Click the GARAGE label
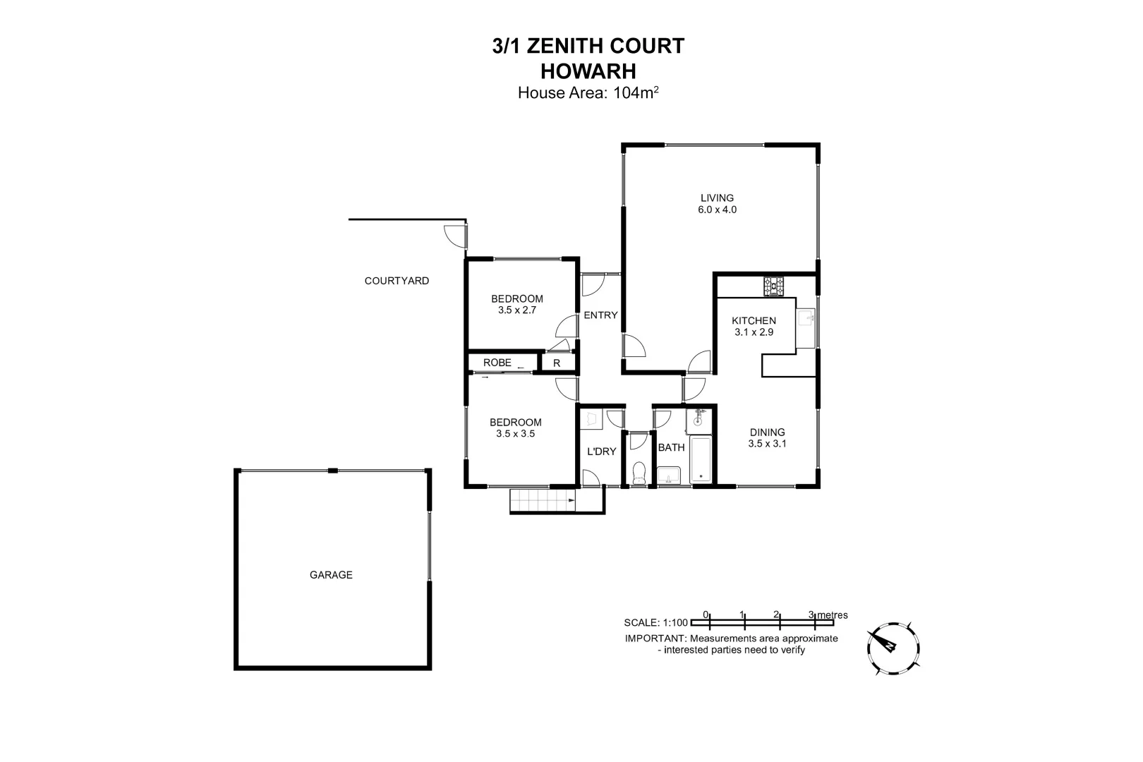[x=331, y=575]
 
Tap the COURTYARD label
[x=397, y=281]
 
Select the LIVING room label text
[x=717, y=198]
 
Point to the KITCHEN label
[x=754, y=321]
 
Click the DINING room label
[x=767, y=433]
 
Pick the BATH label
[x=671, y=447]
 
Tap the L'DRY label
[x=602, y=452]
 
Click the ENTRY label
[x=600, y=315]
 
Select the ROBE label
[x=497, y=363]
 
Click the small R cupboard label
[x=557, y=363]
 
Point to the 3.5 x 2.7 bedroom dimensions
[x=516, y=310]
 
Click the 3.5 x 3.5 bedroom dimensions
[x=515, y=434]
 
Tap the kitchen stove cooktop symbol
[x=773, y=286]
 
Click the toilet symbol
[x=639, y=473]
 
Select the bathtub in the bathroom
[x=701, y=460]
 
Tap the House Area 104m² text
[x=588, y=92]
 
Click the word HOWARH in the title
[x=588, y=71]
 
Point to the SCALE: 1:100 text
[x=655, y=622]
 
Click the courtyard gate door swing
[x=454, y=234]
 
